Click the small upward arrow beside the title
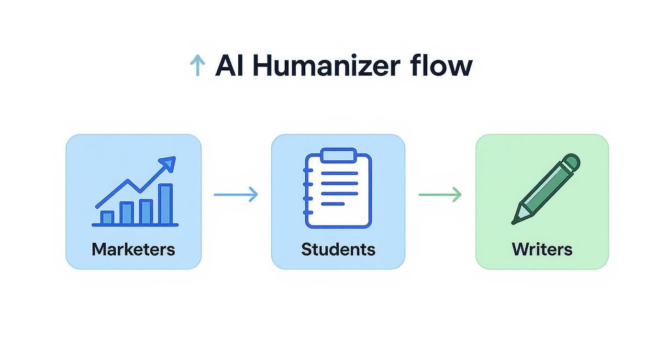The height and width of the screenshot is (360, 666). [197, 66]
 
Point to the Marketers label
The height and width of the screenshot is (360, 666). [133, 249]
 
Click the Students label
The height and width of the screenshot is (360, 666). [338, 249]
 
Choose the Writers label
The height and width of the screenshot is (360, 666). [542, 249]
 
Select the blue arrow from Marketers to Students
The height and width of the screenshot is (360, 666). [236, 194]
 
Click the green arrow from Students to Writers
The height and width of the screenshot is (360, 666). [440, 194]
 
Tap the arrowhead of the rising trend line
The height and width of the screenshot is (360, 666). [169, 163]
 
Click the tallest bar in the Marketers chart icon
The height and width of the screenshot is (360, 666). [166, 204]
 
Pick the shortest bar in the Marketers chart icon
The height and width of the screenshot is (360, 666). [107, 218]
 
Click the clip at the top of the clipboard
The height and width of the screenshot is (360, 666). [338, 155]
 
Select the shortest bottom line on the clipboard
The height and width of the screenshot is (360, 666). [333, 204]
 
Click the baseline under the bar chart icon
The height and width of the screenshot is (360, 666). [135, 225]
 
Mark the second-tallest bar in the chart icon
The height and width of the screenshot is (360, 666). [145, 212]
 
